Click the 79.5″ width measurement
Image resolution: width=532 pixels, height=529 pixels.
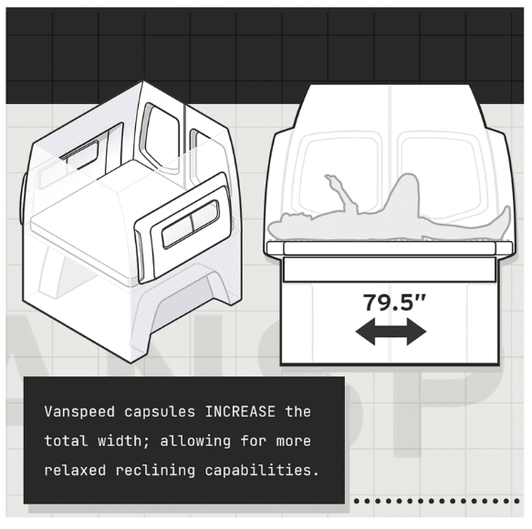click(394, 302)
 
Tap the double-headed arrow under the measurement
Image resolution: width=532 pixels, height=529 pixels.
click(391, 332)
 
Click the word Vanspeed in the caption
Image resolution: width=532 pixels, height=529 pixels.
click(79, 412)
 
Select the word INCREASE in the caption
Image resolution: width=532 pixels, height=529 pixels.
click(240, 412)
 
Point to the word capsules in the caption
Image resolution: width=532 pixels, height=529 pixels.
click(160, 412)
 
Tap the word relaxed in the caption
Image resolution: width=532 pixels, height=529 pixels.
click(76, 471)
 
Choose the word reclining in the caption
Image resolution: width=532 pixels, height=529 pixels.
click(156, 471)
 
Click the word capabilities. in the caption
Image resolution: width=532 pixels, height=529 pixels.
click(262, 471)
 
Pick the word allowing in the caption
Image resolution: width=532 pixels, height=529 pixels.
click(195, 441)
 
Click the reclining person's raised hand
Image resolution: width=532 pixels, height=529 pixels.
click(330, 179)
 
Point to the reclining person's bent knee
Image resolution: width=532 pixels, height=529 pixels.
click(409, 179)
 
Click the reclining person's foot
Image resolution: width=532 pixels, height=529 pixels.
click(506, 217)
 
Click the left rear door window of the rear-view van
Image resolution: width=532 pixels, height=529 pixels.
click(339, 175)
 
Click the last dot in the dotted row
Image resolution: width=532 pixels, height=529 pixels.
click(516, 501)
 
